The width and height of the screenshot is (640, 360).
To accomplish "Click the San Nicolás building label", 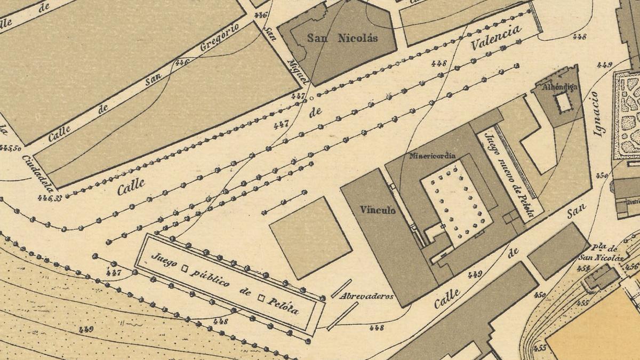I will click(x=342, y=38).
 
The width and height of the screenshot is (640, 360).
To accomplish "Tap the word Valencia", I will click(x=495, y=38).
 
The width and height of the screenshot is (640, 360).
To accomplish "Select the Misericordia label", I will click(x=433, y=156).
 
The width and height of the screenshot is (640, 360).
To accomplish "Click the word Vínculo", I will click(x=377, y=210).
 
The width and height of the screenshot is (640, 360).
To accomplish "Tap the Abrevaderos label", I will click(x=367, y=296).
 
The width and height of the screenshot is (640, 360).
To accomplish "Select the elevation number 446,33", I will click(x=50, y=198).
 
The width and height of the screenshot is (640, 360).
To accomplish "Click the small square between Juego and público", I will click(x=186, y=269).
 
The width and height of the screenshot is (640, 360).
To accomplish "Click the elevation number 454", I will click(x=583, y=268).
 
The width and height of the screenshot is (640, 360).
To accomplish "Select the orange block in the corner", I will click(x=597, y=328).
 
